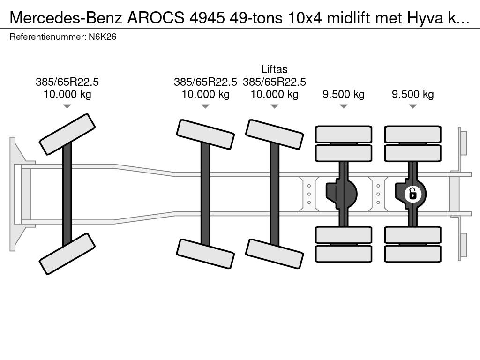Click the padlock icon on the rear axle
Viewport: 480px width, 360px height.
click(412, 193)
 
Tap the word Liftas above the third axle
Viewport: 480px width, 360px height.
click(274, 70)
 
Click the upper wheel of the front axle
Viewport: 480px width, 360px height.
click(67, 134)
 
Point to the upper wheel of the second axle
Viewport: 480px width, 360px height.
click(205, 135)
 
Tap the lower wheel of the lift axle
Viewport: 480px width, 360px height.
click(274, 254)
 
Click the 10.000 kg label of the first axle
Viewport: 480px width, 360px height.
click(67, 94)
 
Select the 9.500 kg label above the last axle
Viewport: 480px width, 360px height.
click(412, 94)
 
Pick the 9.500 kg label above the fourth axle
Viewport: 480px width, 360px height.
click(343, 94)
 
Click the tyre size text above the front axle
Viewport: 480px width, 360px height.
click(67, 82)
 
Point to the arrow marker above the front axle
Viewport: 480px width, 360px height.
click(67, 106)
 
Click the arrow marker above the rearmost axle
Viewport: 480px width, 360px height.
click(412, 106)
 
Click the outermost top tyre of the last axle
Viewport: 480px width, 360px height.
click(412, 134)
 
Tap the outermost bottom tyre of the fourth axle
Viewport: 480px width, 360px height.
click(343, 254)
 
